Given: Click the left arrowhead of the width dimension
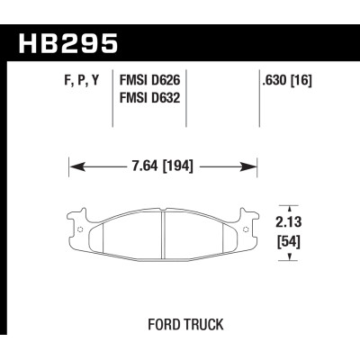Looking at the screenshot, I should point(75,166).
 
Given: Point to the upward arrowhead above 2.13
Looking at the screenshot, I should point(288,206).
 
